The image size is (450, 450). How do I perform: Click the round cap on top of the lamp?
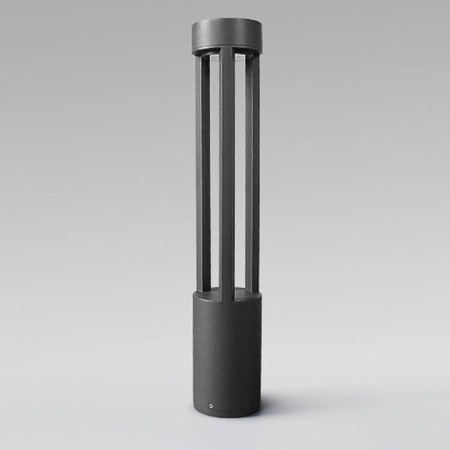click(226, 35)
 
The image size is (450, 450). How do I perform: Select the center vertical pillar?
click(227, 174)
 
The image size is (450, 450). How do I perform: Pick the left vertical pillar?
click(203, 174)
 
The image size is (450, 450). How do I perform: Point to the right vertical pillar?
click(252, 174)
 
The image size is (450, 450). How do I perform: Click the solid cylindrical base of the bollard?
click(226, 354)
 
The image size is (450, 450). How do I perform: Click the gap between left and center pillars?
click(215, 174)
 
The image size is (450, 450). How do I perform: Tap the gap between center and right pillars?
click(240, 174)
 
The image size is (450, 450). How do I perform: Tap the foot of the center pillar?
click(227, 298)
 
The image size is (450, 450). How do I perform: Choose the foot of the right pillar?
click(252, 290)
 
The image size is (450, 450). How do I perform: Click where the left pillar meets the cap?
click(202, 55)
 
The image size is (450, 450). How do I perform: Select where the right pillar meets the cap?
click(252, 55)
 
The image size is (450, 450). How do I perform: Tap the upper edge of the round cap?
click(226, 20)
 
